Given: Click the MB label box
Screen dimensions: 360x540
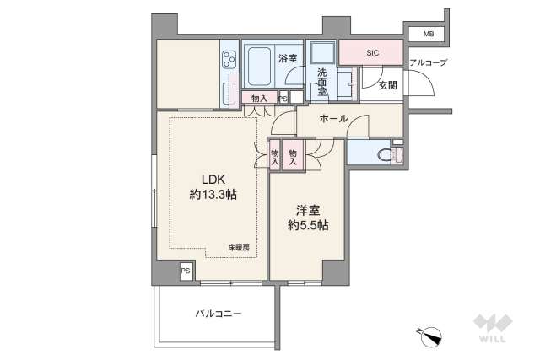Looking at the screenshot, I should tap(428, 34).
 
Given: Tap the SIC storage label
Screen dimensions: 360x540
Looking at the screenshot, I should tap(372, 53).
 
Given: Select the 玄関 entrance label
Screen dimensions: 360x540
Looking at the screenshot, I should tap(387, 84).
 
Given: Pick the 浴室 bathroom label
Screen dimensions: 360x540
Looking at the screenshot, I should tap(288, 58).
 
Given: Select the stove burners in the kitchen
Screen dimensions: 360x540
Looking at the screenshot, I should tap(229, 60).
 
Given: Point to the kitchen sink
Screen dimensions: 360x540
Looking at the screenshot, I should tap(229, 91).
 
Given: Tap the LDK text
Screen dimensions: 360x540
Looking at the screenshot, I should tap(213, 179).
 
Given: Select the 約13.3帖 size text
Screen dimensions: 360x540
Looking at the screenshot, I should tap(213, 195).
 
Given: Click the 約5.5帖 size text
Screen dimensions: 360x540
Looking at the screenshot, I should tap(306, 225).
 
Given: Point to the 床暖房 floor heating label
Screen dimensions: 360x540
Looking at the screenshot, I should tap(240, 247).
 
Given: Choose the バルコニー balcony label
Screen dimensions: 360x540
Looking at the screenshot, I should tap(219, 314).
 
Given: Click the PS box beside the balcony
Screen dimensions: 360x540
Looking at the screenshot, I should tap(185, 271).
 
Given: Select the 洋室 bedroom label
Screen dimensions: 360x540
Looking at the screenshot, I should tap(306, 209).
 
